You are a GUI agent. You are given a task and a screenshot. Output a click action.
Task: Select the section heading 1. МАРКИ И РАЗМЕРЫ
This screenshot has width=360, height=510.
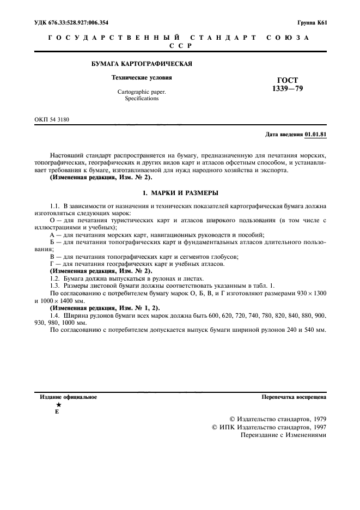(180, 193)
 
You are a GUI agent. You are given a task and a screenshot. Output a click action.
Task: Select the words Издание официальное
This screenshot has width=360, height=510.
(69, 397)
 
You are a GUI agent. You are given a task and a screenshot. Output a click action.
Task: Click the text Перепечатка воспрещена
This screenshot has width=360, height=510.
(294, 397)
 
